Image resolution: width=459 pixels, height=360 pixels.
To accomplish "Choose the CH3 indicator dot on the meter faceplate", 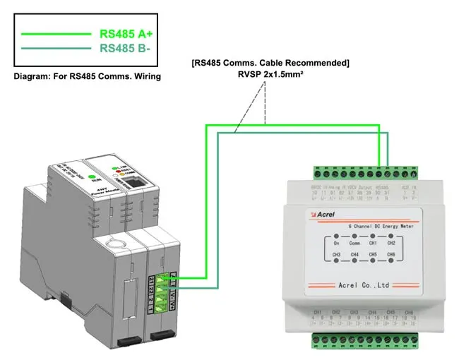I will (337, 260).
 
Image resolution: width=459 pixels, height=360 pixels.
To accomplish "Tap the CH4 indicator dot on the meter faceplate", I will (355, 260).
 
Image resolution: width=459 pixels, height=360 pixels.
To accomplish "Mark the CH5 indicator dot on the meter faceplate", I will (374, 260).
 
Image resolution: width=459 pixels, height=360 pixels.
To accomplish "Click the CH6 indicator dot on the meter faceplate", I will (392, 260).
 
